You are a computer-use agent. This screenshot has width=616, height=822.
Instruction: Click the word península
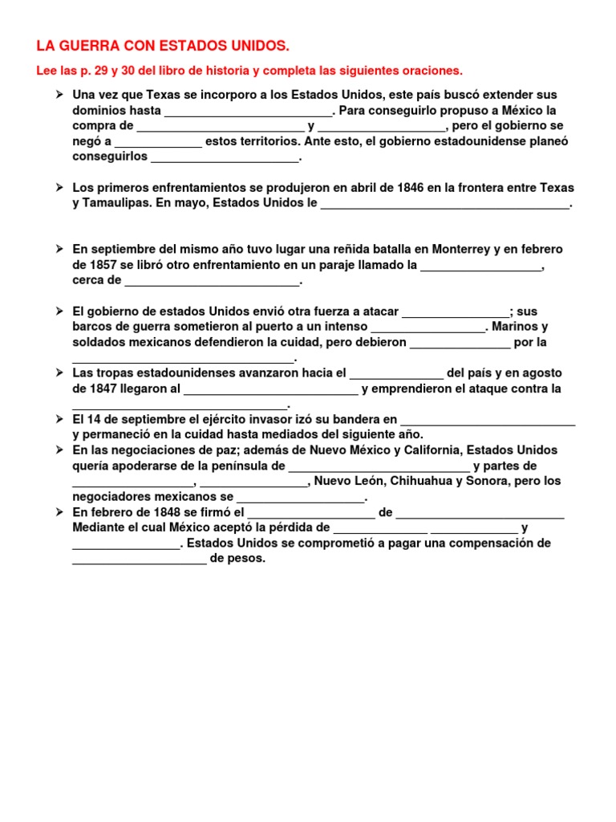point(241,466)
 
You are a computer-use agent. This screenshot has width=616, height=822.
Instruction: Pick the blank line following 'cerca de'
point(212,284)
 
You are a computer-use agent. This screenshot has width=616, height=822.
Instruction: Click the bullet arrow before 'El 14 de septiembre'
point(59,419)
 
